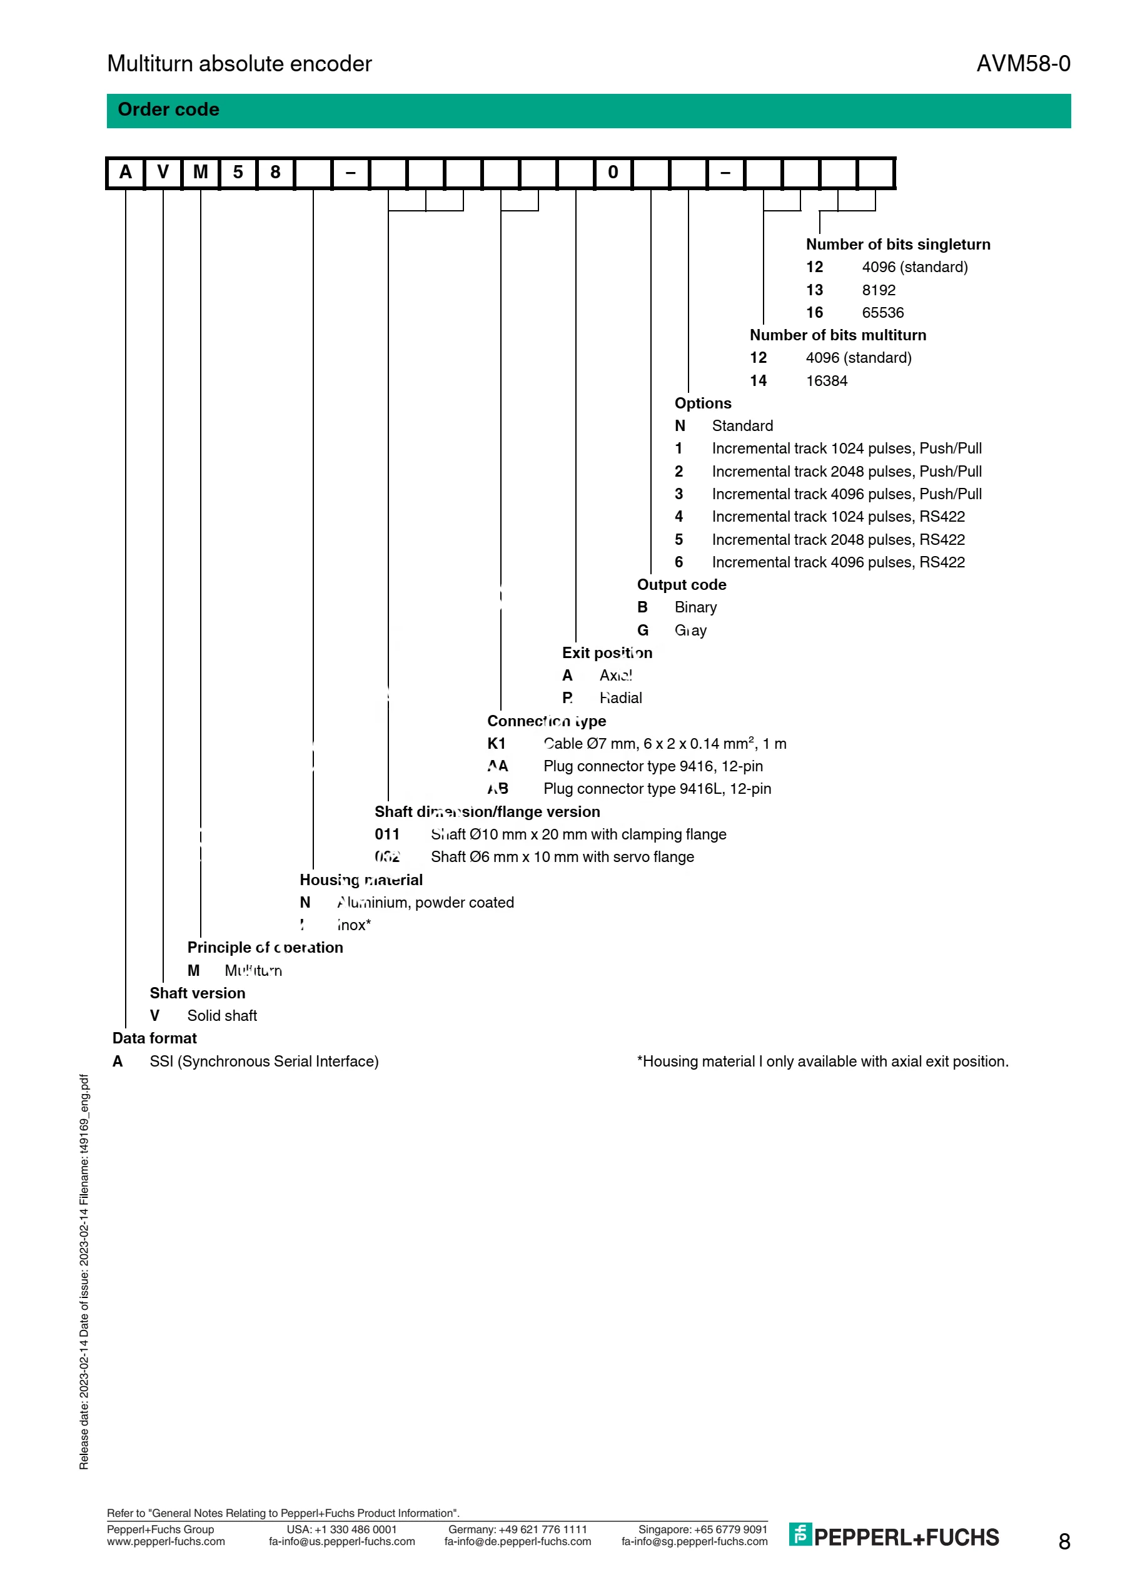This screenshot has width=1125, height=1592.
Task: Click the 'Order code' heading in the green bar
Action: pyautogui.click(x=168, y=109)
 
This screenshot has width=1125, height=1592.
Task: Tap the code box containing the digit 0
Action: pyautogui.click(x=613, y=173)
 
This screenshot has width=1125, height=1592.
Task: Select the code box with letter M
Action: pyautogui.click(x=200, y=173)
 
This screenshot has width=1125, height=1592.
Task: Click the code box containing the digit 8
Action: pyautogui.click(x=275, y=173)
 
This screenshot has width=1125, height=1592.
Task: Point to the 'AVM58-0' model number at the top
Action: pyautogui.click(x=1023, y=64)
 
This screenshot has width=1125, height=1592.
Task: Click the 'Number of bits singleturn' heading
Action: pyautogui.click(x=897, y=244)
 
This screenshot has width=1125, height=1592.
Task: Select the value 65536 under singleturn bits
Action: pyautogui.click(x=882, y=313)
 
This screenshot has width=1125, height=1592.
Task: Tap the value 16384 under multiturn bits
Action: pyautogui.click(x=826, y=381)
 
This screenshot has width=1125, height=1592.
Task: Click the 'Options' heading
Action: pyautogui.click(x=703, y=403)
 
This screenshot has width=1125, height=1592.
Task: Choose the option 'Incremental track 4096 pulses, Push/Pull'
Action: pyautogui.click(x=846, y=494)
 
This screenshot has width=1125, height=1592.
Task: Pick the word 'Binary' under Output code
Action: pyautogui.click(x=695, y=607)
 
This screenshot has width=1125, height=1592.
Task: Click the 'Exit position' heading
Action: pyautogui.click(x=607, y=653)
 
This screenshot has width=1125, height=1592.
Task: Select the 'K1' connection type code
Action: pyautogui.click(x=497, y=744)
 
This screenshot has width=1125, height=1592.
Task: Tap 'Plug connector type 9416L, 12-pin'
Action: pyautogui.click(x=657, y=789)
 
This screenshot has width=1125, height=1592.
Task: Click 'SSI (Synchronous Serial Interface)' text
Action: pyautogui.click(x=264, y=1062)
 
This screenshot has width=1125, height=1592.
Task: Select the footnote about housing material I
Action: pyautogui.click(x=823, y=1062)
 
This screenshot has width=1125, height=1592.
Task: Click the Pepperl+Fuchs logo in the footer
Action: pyautogui.click(x=894, y=1537)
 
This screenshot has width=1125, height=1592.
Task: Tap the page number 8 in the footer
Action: pyautogui.click(x=1064, y=1541)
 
